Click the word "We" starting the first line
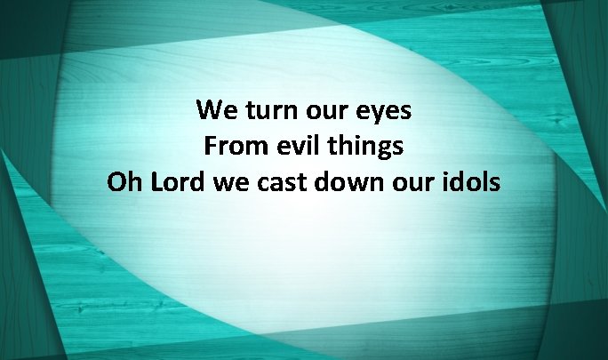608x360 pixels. pos(216,110)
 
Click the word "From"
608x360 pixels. pos(232,146)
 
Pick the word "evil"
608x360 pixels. pos(295,146)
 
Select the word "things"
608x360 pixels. pos(365,147)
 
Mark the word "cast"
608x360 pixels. pos(280,182)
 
